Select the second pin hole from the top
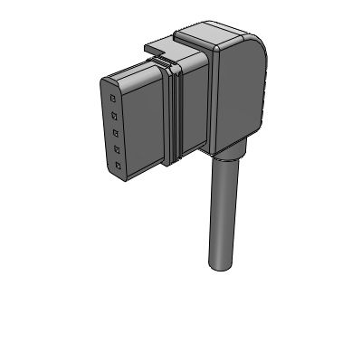point(114,115)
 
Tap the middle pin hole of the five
point(115,133)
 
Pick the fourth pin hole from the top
point(116,150)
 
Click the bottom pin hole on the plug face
point(118,168)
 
